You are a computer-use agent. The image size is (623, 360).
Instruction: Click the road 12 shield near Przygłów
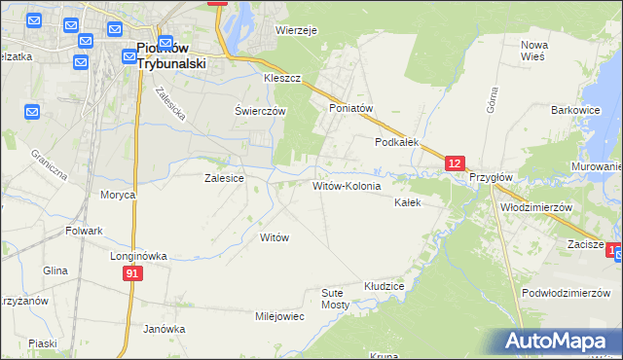pyautogui.click(x=455, y=164)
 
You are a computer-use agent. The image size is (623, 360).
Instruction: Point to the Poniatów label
pyautogui.click(x=351, y=109)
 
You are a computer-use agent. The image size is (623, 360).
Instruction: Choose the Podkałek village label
pyautogui.click(x=397, y=142)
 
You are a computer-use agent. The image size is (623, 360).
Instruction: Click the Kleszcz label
pyautogui.click(x=282, y=78)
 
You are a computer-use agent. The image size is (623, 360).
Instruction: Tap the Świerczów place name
pyautogui.click(x=260, y=111)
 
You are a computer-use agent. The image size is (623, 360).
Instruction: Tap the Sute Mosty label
pyautogui.click(x=335, y=298)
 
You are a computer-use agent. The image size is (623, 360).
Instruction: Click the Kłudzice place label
pyautogui.click(x=384, y=287)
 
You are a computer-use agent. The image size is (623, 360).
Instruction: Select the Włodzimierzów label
pyautogui.click(x=534, y=208)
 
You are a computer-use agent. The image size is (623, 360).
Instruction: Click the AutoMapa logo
pyautogui.click(x=560, y=342)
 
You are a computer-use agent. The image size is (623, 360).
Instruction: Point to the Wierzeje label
pyautogui.click(x=297, y=30)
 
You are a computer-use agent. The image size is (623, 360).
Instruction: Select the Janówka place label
pyautogui.click(x=164, y=329)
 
